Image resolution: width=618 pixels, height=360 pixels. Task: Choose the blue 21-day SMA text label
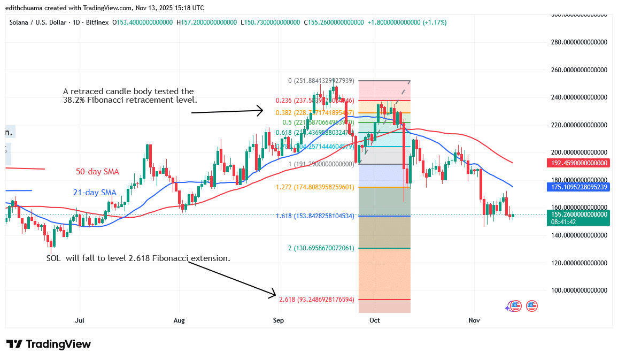95,192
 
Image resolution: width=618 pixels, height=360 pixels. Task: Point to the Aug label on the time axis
179,320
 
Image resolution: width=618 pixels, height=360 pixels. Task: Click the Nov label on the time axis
474,320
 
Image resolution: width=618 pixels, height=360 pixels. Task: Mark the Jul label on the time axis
80,320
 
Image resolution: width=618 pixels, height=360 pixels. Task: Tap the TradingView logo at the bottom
49,344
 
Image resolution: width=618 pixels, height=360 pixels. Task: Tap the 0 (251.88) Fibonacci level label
321,81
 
